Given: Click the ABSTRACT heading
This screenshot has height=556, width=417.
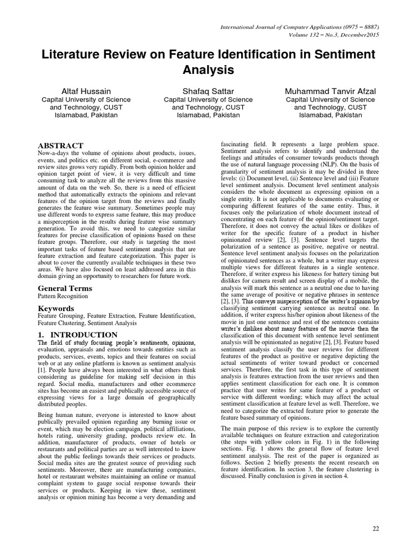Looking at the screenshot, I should (60, 146).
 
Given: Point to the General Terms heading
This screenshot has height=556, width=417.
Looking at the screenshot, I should (64, 288).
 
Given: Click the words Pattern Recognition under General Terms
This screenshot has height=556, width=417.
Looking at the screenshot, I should (62, 296).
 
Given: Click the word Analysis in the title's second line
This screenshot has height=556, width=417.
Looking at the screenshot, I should (208, 69).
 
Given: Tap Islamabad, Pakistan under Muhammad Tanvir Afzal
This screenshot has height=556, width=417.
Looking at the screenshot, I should (330, 115).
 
